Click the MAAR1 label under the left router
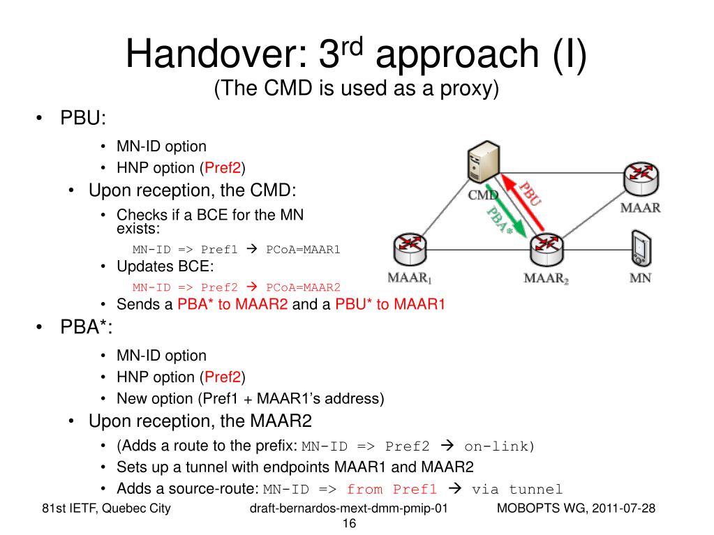(410, 278)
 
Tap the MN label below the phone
(640, 278)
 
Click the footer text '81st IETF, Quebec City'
(106, 508)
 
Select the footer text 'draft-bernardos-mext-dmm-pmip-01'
(348, 508)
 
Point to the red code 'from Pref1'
(392, 489)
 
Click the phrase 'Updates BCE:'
(165, 266)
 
